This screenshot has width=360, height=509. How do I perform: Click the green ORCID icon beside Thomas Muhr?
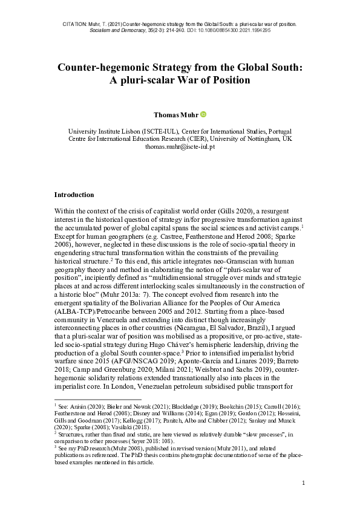(203, 114)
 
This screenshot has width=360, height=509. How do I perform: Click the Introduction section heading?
(74, 195)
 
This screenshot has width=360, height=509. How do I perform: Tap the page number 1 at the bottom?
(303, 483)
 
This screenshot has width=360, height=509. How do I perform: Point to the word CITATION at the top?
(76, 23)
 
